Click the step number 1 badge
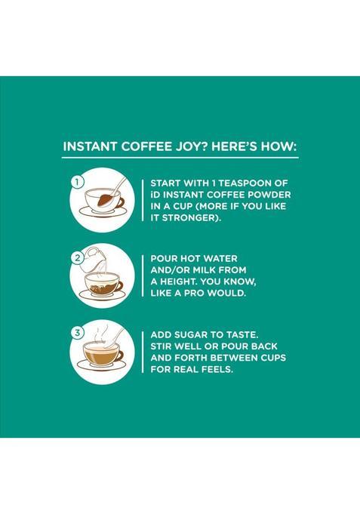pos(76,182)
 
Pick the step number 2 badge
pos(76,258)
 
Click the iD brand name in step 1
pos(155,195)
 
